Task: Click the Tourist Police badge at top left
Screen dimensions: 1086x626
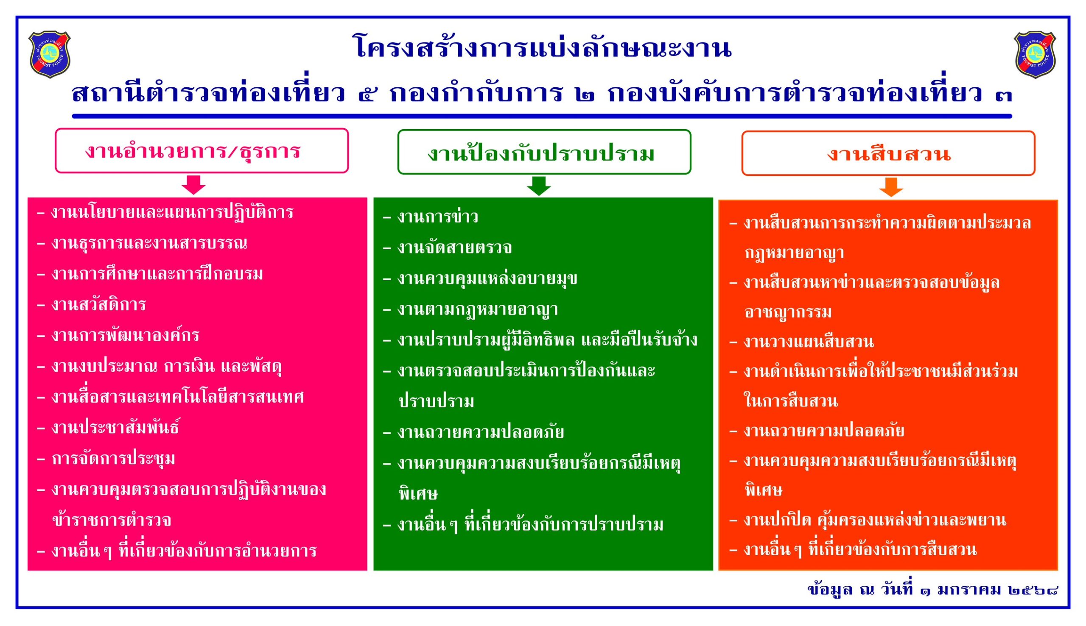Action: pyautogui.click(x=50, y=54)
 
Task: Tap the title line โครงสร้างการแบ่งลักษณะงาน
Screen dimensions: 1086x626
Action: pyautogui.click(x=543, y=47)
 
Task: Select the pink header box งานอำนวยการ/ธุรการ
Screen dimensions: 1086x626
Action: pyautogui.click(x=202, y=150)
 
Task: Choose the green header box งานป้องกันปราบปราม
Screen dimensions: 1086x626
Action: pyautogui.click(x=544, y=152)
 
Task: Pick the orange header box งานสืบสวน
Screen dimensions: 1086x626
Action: pyautogui.click(x=888, y=153)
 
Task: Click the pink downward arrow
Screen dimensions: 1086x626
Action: pyautogui.click(x=193, y=185)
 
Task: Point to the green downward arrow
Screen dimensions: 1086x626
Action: pyautogui.click(x=539, y=186)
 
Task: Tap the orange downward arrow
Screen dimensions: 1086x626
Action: pyautogui.click(x=891, y=187)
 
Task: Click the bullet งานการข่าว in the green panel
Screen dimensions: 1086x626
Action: pyautogui.click(x=430, y=217)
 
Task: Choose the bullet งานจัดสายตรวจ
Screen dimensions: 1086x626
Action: pyautogui.click(x=448, y=248)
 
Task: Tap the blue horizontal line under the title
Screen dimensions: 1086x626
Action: pyautogui.click(x=542, y=116)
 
